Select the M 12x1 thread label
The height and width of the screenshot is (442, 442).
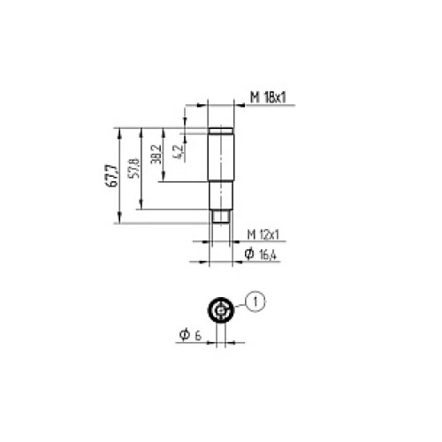(x=263, y=234)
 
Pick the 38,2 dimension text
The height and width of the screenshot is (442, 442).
(x=156, y=156)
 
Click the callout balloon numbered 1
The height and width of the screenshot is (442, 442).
(x=255, y=302)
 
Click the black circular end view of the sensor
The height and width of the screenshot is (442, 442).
(x=220, y=311)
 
